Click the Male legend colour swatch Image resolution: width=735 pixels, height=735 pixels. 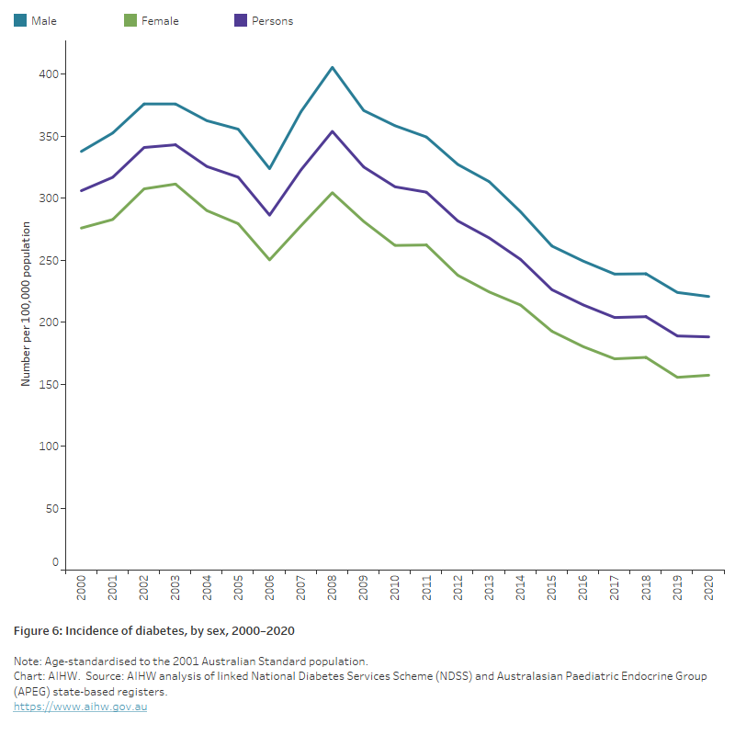19,20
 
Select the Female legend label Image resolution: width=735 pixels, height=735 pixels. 160,21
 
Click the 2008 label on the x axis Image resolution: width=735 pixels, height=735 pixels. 333,589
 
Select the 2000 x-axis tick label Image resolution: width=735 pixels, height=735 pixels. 82,589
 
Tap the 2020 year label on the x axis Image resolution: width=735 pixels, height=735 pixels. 709,589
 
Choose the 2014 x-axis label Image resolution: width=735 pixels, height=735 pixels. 521,589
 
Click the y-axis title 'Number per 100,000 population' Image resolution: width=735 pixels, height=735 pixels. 27,303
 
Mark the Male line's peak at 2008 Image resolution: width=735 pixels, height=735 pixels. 333,67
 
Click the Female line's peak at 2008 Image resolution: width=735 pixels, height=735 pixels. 333,193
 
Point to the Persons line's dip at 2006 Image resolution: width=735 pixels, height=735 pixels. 270,215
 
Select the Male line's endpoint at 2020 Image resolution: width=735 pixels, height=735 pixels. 709,296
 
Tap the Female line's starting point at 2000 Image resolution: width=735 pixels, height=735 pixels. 82,228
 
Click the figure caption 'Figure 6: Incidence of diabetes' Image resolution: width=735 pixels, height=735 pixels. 153,632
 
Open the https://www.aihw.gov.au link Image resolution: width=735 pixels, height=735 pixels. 81,707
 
